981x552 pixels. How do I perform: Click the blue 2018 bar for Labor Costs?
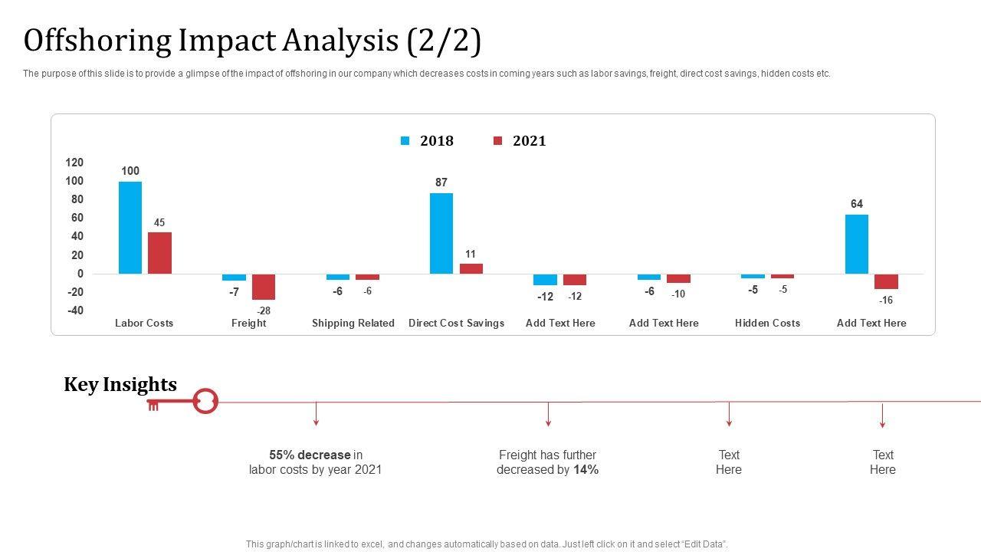coord(130,228)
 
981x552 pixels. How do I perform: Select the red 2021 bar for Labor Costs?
coord(159,253)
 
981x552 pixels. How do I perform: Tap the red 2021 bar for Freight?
coord(264,287)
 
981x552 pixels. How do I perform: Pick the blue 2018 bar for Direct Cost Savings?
coord(441,233)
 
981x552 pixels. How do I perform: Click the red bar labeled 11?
coord(471,268)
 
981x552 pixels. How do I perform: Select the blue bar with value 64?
coord(857,244)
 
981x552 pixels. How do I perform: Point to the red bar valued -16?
coord(886,281)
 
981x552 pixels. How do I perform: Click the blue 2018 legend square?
coord(405,141)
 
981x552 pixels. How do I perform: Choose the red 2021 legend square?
coord(497,141)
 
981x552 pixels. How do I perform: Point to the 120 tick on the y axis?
coord(74,163)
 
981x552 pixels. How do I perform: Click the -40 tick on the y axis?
coord(74,310)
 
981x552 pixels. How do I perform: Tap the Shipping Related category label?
coord(353,324)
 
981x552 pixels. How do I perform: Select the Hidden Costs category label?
coord(767,324)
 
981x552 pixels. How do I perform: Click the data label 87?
coord(441,182)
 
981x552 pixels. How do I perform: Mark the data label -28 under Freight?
coord(264,310)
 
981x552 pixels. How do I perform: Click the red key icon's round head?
coord(205,401)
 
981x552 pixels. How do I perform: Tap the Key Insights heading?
coord(120,385)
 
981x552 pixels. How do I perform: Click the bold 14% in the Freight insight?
coord(586,470)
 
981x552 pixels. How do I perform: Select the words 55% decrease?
coord(310,455)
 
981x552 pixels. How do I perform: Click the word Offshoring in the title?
coord(97,41)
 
